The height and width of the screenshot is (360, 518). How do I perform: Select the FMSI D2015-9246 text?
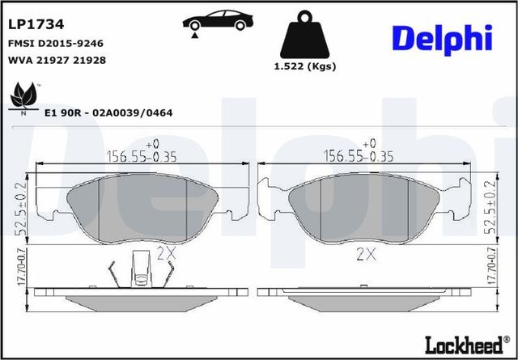coord(55,43)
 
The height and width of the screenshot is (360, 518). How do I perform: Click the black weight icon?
coord(304,36)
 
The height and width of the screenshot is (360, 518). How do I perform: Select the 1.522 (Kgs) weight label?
coord(304,66)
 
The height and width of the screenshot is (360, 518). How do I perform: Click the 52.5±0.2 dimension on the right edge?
coord(489,209)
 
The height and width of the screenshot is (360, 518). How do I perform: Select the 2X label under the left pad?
coord(166,252)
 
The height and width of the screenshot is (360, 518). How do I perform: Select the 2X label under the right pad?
coord(367,254)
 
